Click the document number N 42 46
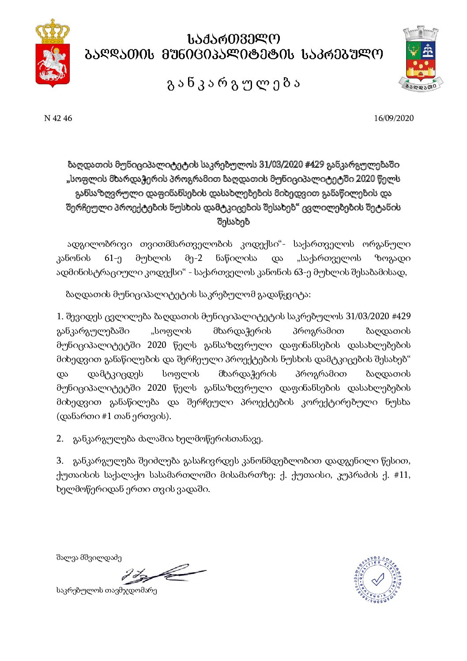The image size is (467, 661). pyautogui.click(x=58, y=118)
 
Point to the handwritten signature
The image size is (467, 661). pyautogui.click(x=163, y=574)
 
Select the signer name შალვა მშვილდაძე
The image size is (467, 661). pyautogui.click(x=89, y=558)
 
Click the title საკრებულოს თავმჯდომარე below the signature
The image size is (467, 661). pyautogui.click(x=106, y=590)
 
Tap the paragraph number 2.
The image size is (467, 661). pyautogui.click(x=60, y=439)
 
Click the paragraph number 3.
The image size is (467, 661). pyautogui.click(x=60, y=461)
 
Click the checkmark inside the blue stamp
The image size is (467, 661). pyautogui.click(x=378, y=579)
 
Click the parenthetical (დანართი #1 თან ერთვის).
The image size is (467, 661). pyautogui.click(x=114, y=416)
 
